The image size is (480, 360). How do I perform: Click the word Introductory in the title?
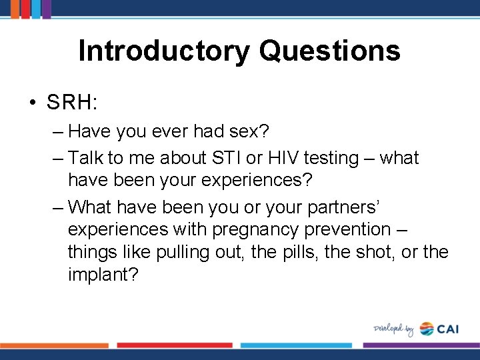pos(164,51)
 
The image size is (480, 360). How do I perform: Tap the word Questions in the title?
pos(329,51)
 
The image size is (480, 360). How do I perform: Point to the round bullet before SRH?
pos(32,103)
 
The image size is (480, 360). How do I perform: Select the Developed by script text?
pos(393,329)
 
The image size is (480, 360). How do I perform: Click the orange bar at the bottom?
pos(53,345)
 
